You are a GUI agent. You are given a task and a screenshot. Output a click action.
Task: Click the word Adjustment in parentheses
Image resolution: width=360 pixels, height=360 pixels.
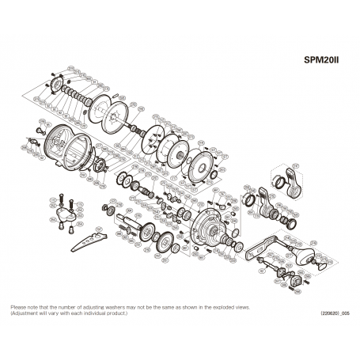click(x=26, y=313)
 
